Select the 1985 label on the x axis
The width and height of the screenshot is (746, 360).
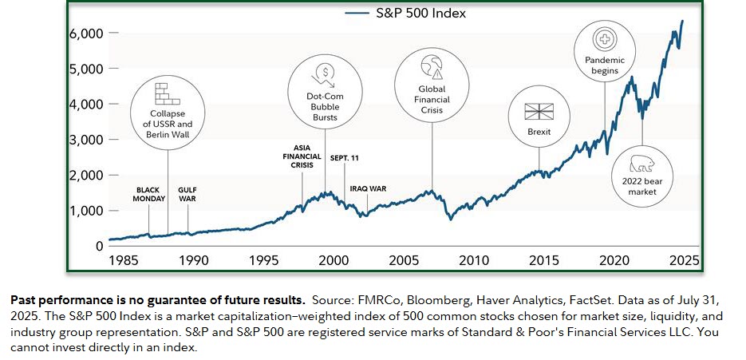point(124,260)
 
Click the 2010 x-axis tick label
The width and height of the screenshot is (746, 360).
point(475,260)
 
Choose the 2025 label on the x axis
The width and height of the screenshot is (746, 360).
point(684,260)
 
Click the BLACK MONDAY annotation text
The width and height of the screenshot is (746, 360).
point(149,194)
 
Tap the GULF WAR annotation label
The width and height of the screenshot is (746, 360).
point(187,194)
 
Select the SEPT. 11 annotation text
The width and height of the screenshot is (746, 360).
point(345,158)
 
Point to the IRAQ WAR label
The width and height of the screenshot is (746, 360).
point(368,188)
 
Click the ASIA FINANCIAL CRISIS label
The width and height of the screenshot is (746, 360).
point(302,156)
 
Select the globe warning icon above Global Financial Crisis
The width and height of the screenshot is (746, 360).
point(432,67)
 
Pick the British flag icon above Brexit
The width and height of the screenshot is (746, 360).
point(539,112)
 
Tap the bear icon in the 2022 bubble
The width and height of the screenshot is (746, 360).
point(641,164)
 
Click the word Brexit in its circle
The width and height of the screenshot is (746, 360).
point(539,132)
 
